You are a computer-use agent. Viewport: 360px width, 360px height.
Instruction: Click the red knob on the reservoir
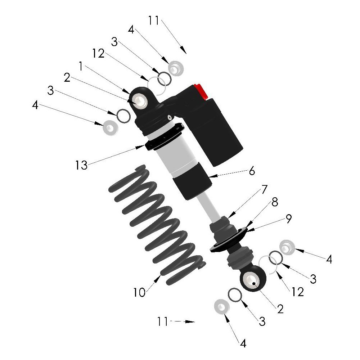coord(201,91)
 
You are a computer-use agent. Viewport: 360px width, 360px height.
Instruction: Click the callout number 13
coord(81,165)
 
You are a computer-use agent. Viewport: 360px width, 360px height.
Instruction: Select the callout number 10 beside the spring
coord(139,292)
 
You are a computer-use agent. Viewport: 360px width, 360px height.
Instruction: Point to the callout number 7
coord(264,189)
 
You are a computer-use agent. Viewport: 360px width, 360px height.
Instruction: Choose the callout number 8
coord(275,202)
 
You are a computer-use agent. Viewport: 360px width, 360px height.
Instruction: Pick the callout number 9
coord(289,219)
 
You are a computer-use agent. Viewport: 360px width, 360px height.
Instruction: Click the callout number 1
coord(81,66)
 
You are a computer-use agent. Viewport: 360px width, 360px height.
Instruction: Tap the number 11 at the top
coord(153,20)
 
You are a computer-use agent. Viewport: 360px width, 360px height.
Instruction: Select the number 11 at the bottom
coord(163,321)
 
